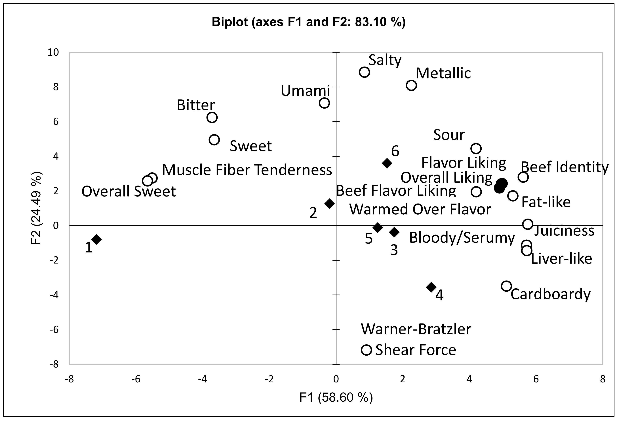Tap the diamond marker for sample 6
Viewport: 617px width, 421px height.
(x=387, y=163)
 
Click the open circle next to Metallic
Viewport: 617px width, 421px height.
(x=411, y=85)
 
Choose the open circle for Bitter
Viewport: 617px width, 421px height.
(x=212, y=117)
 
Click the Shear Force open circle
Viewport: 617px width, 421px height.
(x=366, y=350)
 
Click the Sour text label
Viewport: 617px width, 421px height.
(x=449, y=135)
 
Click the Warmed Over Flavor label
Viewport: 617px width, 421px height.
(x=420, y=210)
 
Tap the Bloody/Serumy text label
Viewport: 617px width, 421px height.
(x=462, y=237)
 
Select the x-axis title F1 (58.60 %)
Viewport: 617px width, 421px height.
(x=336, y=398)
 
